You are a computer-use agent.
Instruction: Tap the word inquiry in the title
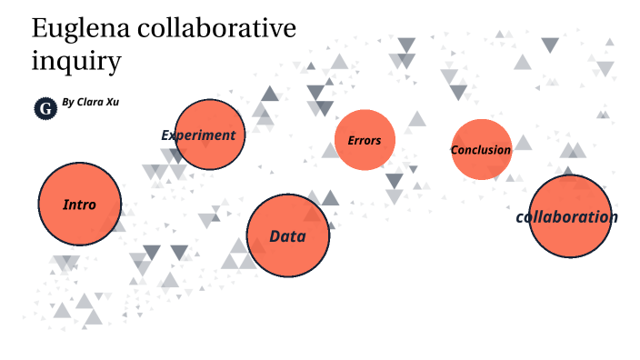coord(76,64)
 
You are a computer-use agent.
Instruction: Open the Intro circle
coord(79,205)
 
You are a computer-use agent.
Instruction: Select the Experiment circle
coord(210,135)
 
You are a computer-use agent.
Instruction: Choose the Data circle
coord(287,235)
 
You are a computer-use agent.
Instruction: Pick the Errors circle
coord(365,140)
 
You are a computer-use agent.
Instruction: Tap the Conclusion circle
coord(481,149)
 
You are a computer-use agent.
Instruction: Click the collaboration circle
coord(569,216)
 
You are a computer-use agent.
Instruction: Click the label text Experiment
coord(198,135)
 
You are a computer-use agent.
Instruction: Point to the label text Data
coord(287,236)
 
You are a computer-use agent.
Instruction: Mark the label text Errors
coord(365,141)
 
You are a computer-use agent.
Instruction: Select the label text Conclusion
coord(481,150)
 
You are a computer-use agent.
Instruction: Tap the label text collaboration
coord(566,217)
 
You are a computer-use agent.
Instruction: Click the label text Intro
coord(79,205)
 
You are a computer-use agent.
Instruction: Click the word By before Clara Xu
coord(67,103)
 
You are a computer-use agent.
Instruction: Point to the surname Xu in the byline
coord(111,102)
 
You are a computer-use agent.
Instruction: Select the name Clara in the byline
coord(90,102)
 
